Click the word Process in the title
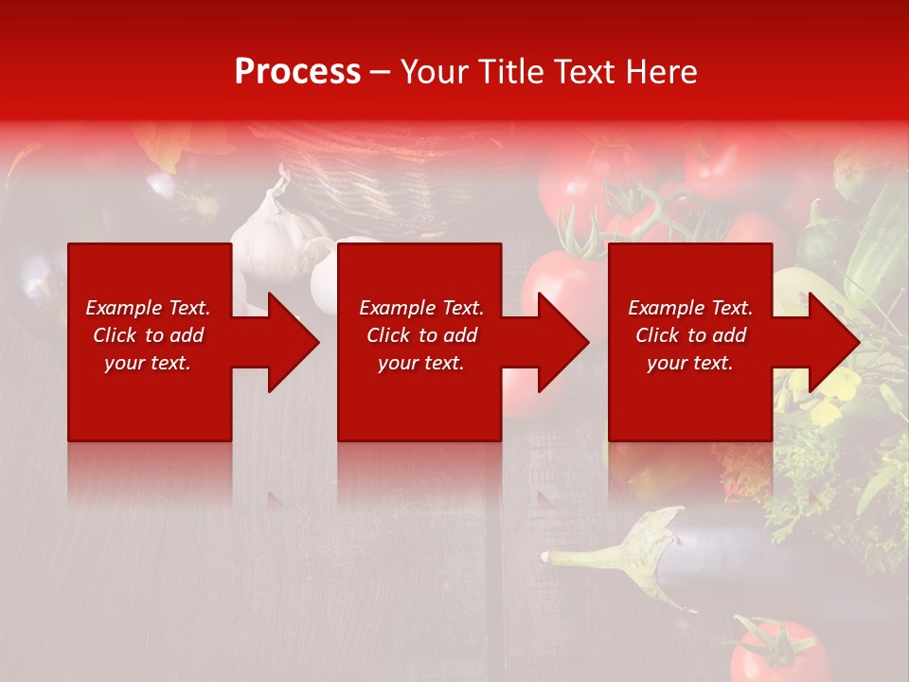click(x=297, y=72)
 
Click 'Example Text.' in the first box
click(x=148, y=308)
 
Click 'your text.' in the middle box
click(x=420, y=363)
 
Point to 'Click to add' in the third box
click(x=690, y=335)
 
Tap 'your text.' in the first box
click(x=148, y=363)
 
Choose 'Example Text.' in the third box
click(x=690, y=308)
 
